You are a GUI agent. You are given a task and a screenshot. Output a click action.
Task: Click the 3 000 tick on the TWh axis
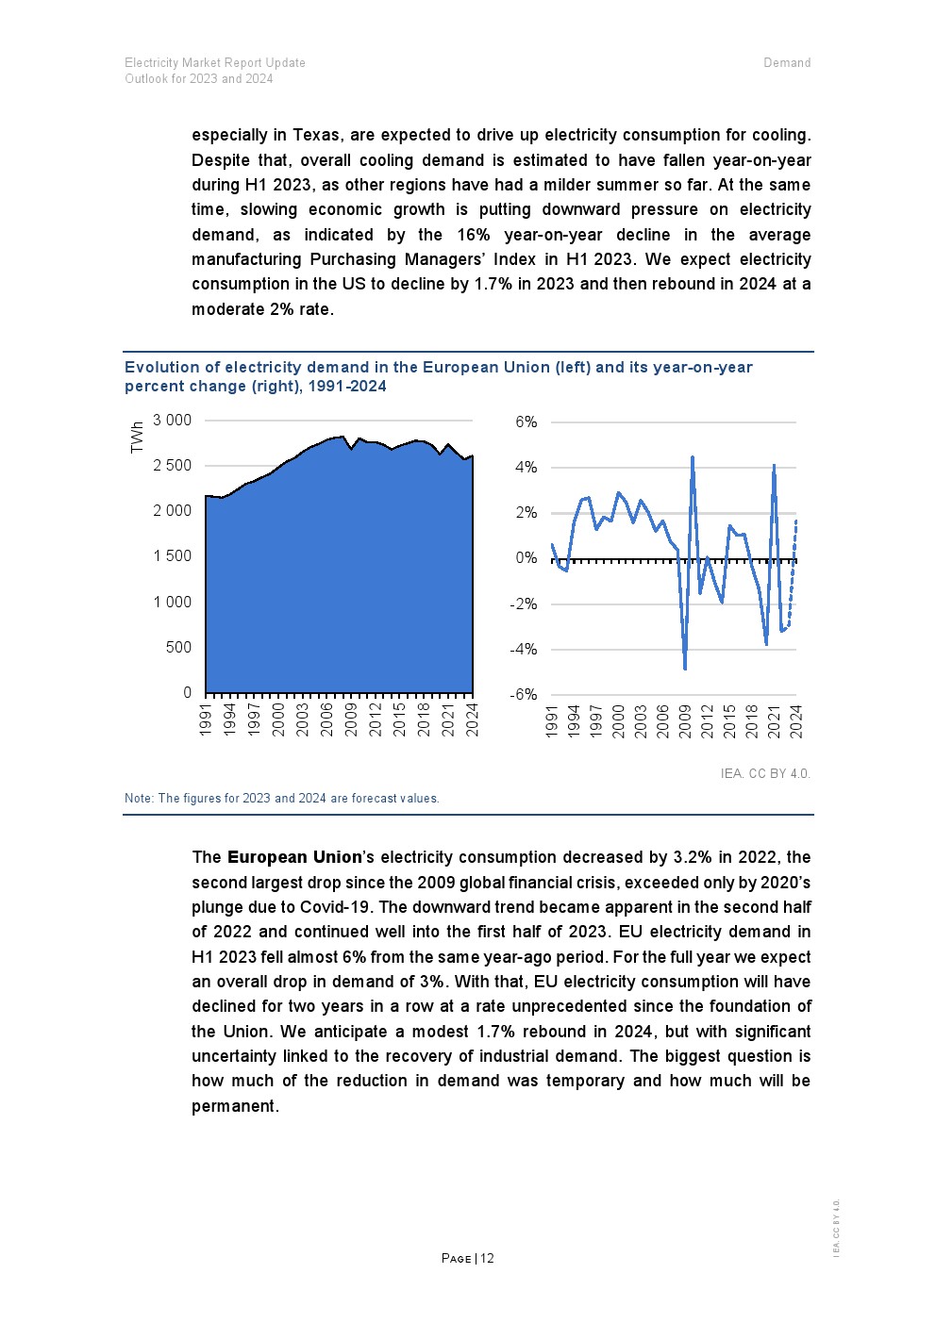point(172,421)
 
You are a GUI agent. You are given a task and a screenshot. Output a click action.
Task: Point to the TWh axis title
point(138,437)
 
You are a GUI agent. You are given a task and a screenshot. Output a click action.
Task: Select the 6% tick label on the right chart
point(526,422)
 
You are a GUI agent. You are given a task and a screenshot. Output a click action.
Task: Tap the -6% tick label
point(524,695)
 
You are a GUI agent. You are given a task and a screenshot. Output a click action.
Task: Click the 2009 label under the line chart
point(685,721)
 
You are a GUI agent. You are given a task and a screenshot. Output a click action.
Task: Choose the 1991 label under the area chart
point(206,719)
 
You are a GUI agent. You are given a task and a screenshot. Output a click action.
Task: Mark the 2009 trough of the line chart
point(685,668)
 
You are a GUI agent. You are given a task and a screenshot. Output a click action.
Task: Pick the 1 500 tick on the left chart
point(172,556)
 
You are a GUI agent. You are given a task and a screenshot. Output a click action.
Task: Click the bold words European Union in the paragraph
point(294,858)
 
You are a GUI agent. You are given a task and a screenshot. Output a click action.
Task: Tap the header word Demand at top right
point(787,63)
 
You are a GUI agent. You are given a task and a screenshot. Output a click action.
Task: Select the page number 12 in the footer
point(487,1259)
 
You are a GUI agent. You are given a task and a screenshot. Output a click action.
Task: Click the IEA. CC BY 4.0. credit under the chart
point(765,774)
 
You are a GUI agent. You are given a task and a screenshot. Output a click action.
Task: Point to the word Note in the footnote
point(138,799)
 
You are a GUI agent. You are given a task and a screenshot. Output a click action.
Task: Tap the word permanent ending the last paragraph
point(234,1106)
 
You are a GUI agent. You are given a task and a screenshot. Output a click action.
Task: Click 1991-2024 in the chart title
point(347,387)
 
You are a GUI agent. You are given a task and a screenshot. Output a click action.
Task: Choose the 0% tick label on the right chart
point(526,558)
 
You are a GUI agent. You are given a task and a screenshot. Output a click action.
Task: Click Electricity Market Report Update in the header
point(215,63)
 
